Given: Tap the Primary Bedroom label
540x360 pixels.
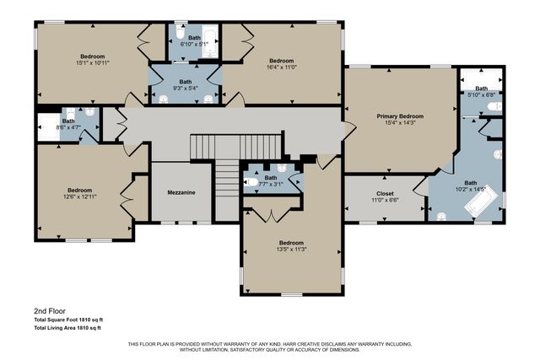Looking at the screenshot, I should tap(399, 116).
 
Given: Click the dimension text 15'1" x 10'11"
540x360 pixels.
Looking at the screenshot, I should tap(92, 62).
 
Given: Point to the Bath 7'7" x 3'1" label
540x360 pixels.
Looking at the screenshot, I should tap(271, 180).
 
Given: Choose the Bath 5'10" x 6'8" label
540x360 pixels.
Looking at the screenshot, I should tap(481, 91).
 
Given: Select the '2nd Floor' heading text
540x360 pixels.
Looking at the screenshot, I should tap(49, 311).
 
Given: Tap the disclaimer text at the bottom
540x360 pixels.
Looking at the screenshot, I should tap(270, 347).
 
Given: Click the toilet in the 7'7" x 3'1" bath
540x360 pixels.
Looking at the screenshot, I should tap(252, 181).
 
